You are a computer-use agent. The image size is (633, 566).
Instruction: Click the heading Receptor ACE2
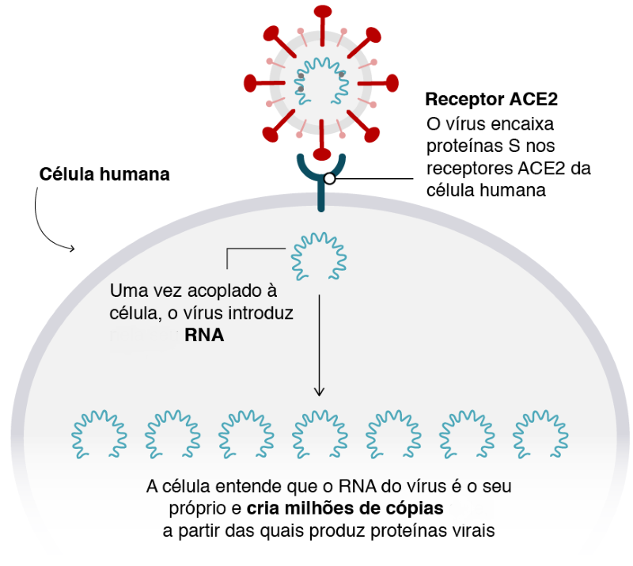coord(491,101)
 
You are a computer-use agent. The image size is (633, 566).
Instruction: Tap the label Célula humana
coord(105,174)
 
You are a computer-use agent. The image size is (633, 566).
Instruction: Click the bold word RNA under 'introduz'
coord(204,336)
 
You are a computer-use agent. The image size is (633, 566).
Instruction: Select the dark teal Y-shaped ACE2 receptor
coord(321,179)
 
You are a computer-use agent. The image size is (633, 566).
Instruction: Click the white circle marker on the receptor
coord(329,179)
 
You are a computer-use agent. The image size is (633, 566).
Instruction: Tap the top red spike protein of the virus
coord(322,12)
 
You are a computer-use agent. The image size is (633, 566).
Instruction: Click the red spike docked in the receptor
coord(321,152)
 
